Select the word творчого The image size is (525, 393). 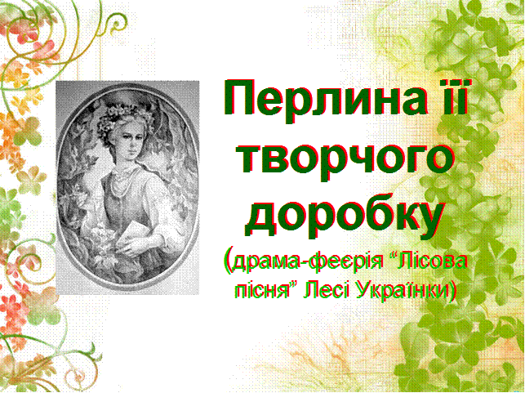(x=347, y=159)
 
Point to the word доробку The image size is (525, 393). (x=345, y=217)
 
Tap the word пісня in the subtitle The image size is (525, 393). (x=261, y=290)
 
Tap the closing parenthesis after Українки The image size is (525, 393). (x=453, y=290)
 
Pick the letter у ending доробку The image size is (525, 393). (x=430, y=221)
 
